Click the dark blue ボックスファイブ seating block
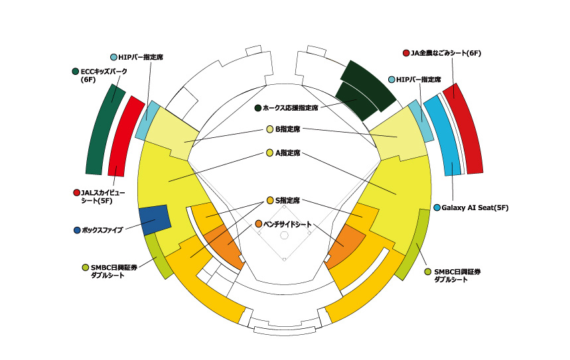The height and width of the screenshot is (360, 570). (x=155, y=220)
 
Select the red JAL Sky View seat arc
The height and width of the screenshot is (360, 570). (x=125, y=136)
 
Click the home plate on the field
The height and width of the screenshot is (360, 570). (x=284, y=259)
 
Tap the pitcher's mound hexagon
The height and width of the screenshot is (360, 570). (x=284, y=236)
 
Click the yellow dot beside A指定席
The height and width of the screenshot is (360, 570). (x=269, y=153)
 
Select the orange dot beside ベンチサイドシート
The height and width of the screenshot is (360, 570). (x=259, y=224)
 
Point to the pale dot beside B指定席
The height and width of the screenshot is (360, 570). (x=269, y=129)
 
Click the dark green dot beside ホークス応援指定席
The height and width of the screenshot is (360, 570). (x=258, y=108)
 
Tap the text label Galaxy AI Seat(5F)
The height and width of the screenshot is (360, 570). (x=474, y=208)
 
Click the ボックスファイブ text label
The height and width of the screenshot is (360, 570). (x=102, y=230)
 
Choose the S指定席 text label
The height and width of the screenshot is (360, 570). (x=287, y=200)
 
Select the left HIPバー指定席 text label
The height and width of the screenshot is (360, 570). (x=141, y=57)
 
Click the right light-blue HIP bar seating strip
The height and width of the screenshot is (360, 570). (x=421, y=121)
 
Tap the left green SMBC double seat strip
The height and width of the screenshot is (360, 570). (x=159, y=257)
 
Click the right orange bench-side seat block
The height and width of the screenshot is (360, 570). (x=345, y=246)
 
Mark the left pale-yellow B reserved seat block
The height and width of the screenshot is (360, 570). (x=171, y=134)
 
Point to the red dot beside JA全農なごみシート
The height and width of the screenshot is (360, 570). (x=406, y=53)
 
